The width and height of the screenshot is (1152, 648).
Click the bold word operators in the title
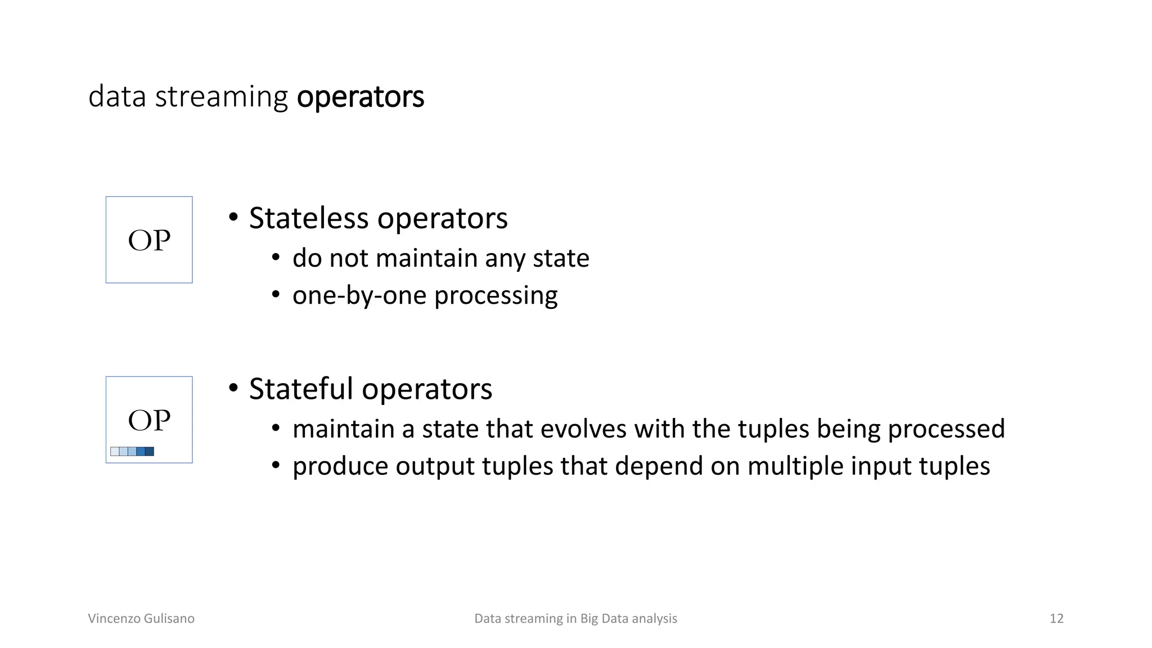pyautogui.click(x=360, y=97)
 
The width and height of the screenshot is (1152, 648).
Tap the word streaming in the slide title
pyautogui.click(x=221, y=97)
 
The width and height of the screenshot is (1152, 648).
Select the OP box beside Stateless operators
pyautogui.click(x=149, y=240)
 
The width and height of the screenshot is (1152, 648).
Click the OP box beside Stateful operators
pyautogui.click(x=149, y=420)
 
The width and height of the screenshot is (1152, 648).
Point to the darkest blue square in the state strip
pyautogui.click(x=150, y=451)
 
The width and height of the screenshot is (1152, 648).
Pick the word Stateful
pyautogui.click(x=301, y=389)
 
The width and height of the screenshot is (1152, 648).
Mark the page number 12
pyautogui.click(x=1056, y=618)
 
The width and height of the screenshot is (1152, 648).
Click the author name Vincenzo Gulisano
pyautogui.click(x=141, y=618)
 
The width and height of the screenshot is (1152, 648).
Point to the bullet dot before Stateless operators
pyautogui.click(x=233, y=218)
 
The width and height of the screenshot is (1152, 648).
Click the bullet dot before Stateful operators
pyautogui.click(x=233, y=389)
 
